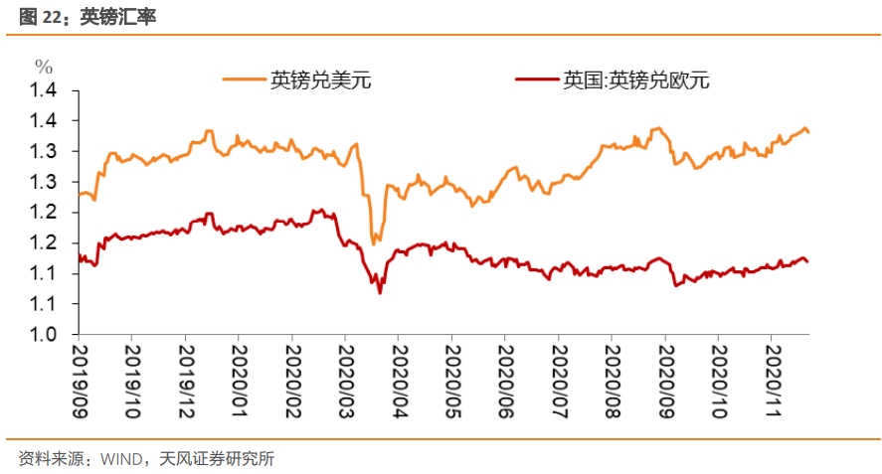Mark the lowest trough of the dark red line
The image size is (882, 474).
pyautogui.click(x=379, y=292)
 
